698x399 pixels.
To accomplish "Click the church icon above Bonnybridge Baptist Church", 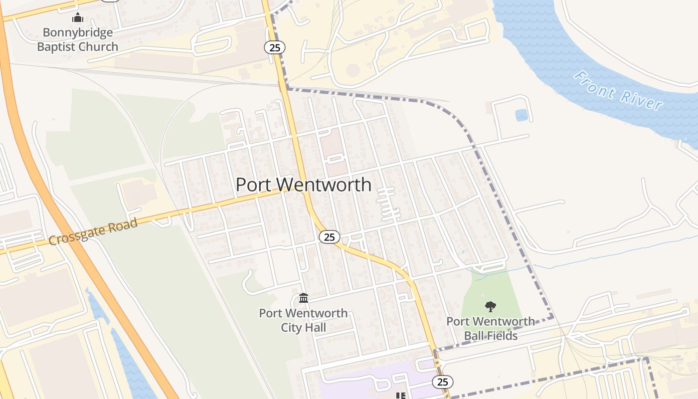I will (77, 18).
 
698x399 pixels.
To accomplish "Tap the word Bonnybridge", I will (78, 33).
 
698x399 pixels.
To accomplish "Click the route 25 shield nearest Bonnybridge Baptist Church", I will (274, 47).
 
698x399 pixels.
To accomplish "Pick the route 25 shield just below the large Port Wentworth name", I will (329, 236).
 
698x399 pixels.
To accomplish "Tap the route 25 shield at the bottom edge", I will (442, 382).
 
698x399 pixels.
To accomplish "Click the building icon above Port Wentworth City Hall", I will (303, 298).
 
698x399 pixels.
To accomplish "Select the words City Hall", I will (303, 328).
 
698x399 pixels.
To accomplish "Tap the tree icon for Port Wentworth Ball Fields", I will (491, 306).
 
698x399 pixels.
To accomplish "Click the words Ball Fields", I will (491, 336).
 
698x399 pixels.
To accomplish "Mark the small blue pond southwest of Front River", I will (522, 116).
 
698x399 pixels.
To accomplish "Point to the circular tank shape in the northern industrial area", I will (353, 70).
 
